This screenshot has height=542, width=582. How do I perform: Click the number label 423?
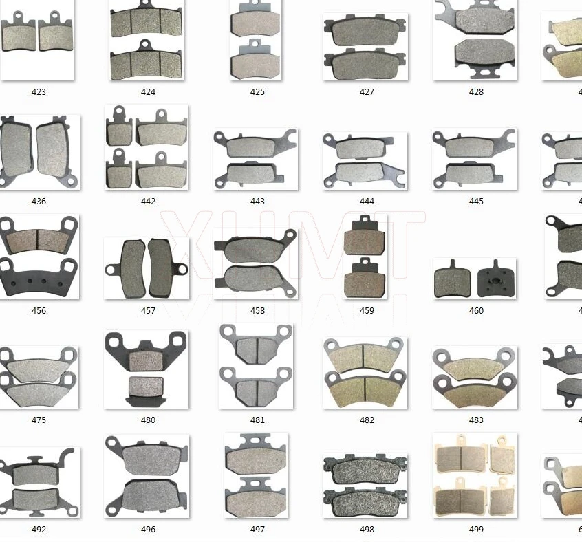coord(39,91)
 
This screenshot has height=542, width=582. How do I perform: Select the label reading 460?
coord(476,310)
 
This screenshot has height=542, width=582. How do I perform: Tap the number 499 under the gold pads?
coord(476,529)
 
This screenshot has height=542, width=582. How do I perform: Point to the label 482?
coord(367,420)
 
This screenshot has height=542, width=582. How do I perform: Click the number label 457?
coord(148,310)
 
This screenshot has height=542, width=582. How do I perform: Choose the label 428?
coord(476,91)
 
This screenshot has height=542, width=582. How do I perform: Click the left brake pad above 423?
coord(19,36)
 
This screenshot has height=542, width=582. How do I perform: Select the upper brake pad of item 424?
coord(146,23)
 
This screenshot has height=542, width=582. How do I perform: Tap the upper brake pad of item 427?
coord(365,32)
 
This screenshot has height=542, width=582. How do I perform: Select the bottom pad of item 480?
coord(146,389)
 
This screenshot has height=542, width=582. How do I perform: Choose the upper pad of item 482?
coord(365,356)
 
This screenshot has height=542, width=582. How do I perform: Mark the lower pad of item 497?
coord(256,503)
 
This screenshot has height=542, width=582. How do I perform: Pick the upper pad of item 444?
coord(365,146)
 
